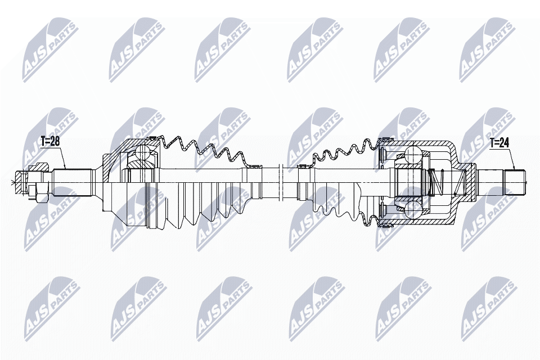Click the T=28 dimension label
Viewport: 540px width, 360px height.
49,142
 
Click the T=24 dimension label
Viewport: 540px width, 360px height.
498,143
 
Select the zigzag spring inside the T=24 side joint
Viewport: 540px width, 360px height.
439,181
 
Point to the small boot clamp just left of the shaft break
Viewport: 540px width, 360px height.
251,166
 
